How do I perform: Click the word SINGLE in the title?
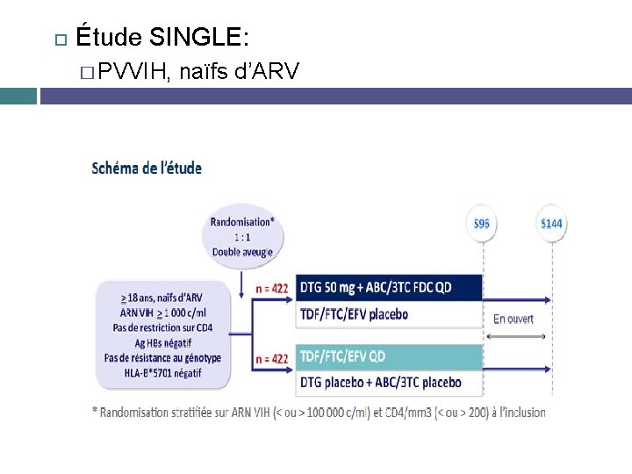tap(199, 37)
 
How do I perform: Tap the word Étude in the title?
tap(110, 37)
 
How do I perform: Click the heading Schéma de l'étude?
tap(147, 168)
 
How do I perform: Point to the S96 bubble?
tap(482, 224)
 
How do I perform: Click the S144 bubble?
tap(551, 224)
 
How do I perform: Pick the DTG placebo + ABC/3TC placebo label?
tap(380, 383)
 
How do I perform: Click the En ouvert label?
tap(513, 319)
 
